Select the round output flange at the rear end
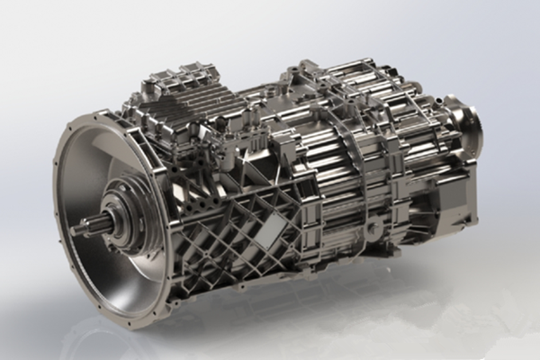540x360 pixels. [467, 122]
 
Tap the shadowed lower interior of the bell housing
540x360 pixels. [117, 279]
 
